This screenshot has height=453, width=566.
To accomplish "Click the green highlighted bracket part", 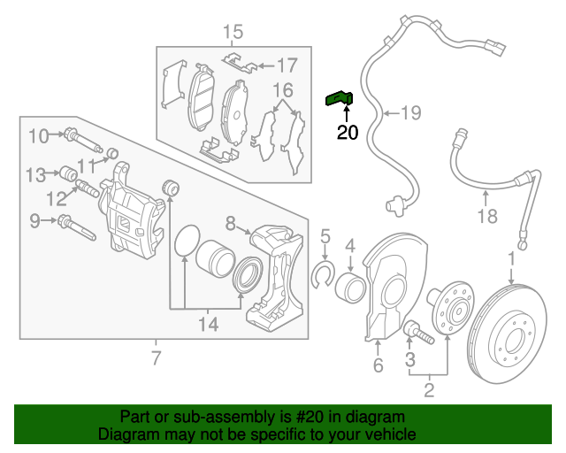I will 340,99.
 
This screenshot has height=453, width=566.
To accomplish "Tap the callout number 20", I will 348,134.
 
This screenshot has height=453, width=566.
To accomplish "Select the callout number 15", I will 232,34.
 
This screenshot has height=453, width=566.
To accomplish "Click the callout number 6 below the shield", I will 378,365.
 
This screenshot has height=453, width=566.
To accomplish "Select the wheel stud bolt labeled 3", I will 415,334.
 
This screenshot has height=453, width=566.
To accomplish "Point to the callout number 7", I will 157,358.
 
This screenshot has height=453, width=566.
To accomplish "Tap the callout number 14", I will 207,325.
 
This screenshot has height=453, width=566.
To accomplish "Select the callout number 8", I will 229,222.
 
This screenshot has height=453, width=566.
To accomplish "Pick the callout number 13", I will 34,173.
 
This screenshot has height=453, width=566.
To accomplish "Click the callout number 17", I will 288,65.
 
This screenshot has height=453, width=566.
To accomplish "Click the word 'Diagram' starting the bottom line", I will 125,435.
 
